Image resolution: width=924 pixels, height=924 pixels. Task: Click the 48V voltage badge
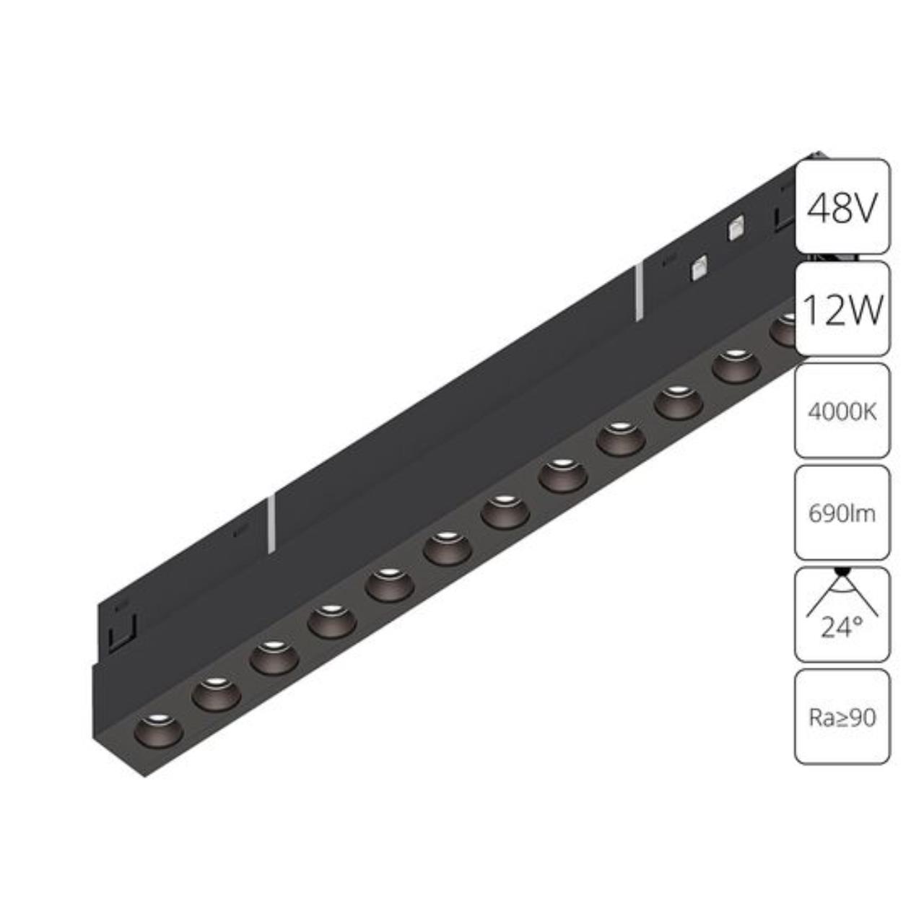tap(842, 206)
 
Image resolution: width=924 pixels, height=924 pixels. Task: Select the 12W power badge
tap(842, 309)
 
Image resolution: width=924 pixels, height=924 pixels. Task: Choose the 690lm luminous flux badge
tap(842, 513)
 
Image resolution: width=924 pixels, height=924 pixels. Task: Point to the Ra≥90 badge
tap(842, 717)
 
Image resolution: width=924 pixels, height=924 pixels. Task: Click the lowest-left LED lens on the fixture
tap(158, 729)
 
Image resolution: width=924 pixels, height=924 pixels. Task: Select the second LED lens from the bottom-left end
tap(216, 693)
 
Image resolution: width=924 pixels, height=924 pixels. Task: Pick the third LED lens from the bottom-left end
tap(274, 657)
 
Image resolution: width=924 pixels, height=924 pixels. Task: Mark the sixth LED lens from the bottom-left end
tap(447, 548)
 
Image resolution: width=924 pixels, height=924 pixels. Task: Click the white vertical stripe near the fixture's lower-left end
tap(271, 523)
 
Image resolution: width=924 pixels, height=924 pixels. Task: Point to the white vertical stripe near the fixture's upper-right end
tap(639, 292)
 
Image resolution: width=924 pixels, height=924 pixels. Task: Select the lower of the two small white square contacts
tap(698, 269)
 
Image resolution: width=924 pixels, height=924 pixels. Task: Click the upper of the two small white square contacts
tap(736, 228)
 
